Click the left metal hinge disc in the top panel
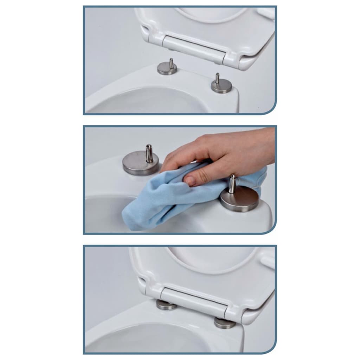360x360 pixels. tap(167, 69)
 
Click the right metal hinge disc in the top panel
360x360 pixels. tap(221, 86)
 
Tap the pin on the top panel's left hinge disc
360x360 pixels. tap(171, 63)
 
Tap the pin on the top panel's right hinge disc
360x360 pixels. tap(217, 78)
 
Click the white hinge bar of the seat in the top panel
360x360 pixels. tap(193, 48)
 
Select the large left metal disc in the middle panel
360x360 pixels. tap(140, 164)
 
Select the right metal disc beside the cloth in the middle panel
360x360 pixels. tap(239, 200)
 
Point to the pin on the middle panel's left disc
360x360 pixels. tap(149, 153)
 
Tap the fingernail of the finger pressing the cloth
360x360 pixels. tap(190, 181)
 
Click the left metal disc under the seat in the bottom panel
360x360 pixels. tap(166, 305)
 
